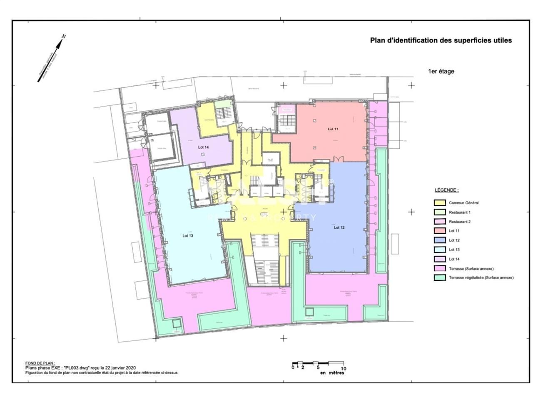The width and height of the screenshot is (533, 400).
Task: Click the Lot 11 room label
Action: click(333, 129)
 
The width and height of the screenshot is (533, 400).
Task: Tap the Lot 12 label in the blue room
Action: click(339, 227)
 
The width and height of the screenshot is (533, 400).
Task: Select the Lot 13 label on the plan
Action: click(188, 236)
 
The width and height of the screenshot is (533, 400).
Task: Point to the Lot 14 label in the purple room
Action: click(203, 147)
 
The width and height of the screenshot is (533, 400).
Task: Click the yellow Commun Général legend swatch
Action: click(440, 203)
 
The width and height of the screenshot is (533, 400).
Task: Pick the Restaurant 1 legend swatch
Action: click(440, 212)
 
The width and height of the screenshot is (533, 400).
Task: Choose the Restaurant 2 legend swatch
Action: click(440, 222)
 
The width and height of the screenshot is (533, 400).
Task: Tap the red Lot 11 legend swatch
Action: click(440, 231)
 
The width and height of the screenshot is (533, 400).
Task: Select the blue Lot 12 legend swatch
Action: click(440, 240)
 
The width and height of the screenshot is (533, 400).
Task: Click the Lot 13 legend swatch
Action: click(440, 250)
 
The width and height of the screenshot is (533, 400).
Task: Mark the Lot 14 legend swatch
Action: click(440, 259)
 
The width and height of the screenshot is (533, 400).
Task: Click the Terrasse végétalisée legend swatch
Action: click(440, 278)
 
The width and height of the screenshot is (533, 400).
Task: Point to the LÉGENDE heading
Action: click(447, 190)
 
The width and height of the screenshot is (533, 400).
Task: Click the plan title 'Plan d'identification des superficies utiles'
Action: click(441, 40)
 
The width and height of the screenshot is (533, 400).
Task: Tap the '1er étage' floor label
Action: click(441, 71)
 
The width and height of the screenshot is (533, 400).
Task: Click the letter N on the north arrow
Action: click(64, 37)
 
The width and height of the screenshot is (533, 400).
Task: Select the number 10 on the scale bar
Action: click(344, 368)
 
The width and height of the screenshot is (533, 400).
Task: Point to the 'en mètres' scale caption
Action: click(332, 373)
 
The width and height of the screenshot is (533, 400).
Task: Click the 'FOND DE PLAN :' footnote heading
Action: click(40, 363)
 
